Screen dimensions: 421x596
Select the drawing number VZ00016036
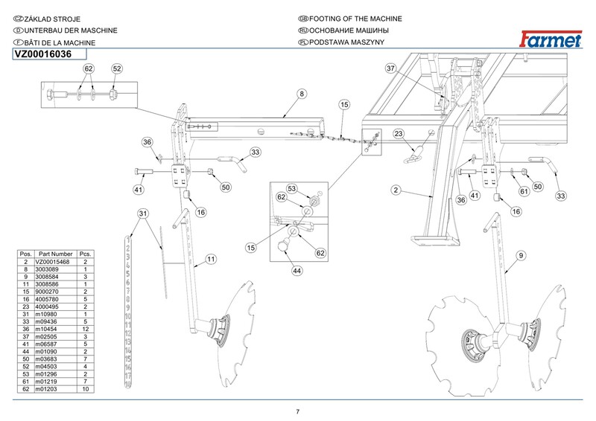point(43,54)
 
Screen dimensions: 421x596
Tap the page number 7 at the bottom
point(298,412)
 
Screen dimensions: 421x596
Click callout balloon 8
point(302,94)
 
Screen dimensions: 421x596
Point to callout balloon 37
point(390,68)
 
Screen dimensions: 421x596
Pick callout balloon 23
point(399,134)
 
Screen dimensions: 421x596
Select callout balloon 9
point(521,256)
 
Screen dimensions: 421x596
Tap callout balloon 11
point(211,259)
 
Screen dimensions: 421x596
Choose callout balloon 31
point(143,214)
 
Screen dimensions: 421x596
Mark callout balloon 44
point(297,271)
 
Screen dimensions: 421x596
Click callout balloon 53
point(293,188)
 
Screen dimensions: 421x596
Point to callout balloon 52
point(116,68)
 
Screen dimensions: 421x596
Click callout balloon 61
point(524,192)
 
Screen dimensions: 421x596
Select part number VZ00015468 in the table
point(56,263)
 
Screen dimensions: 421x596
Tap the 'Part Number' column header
point(56,254)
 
